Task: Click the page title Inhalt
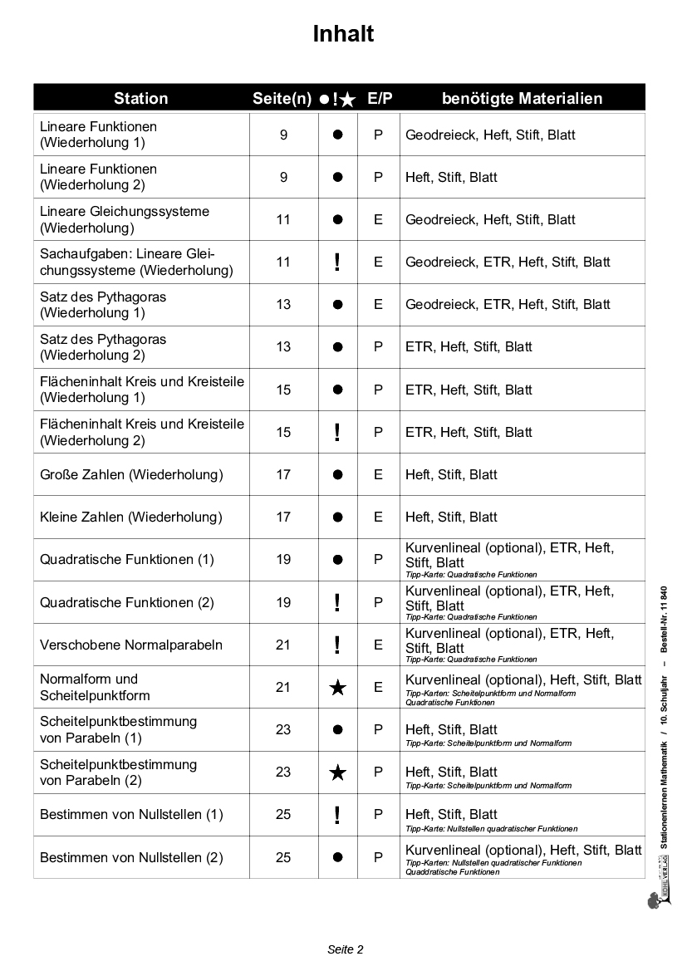343,34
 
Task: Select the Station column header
141,98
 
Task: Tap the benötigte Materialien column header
522,98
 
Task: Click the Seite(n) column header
282,98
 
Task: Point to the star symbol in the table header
348,99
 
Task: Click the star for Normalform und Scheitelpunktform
337,688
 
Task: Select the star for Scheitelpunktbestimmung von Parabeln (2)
337,772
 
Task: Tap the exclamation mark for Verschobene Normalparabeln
337,645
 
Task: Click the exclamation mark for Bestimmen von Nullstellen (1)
337,815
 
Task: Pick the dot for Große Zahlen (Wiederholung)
337,475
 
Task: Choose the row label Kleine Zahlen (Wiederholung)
131,517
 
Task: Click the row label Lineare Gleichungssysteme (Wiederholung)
125,219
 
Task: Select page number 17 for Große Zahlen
283,474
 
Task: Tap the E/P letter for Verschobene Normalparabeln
378,645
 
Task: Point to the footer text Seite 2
346,949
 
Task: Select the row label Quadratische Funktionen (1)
127,559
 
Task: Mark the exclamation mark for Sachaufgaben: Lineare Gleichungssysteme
337,262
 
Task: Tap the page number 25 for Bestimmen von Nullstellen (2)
283,857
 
